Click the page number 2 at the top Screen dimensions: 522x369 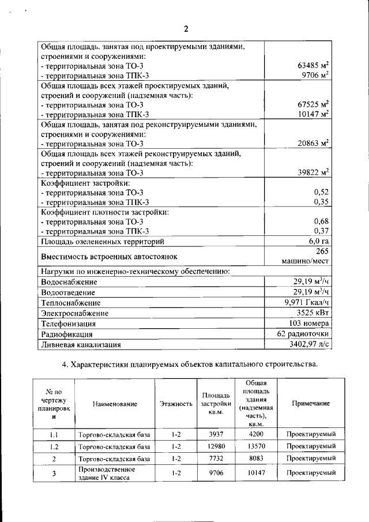(186, 29)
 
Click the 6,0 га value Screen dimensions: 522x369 (318, 241)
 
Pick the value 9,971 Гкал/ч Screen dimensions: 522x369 (307, 302)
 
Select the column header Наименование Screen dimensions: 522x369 (115, 404)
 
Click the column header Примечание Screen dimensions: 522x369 (311, 403)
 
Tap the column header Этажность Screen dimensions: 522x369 (176, 404)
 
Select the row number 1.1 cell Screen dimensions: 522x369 (54, 434)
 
